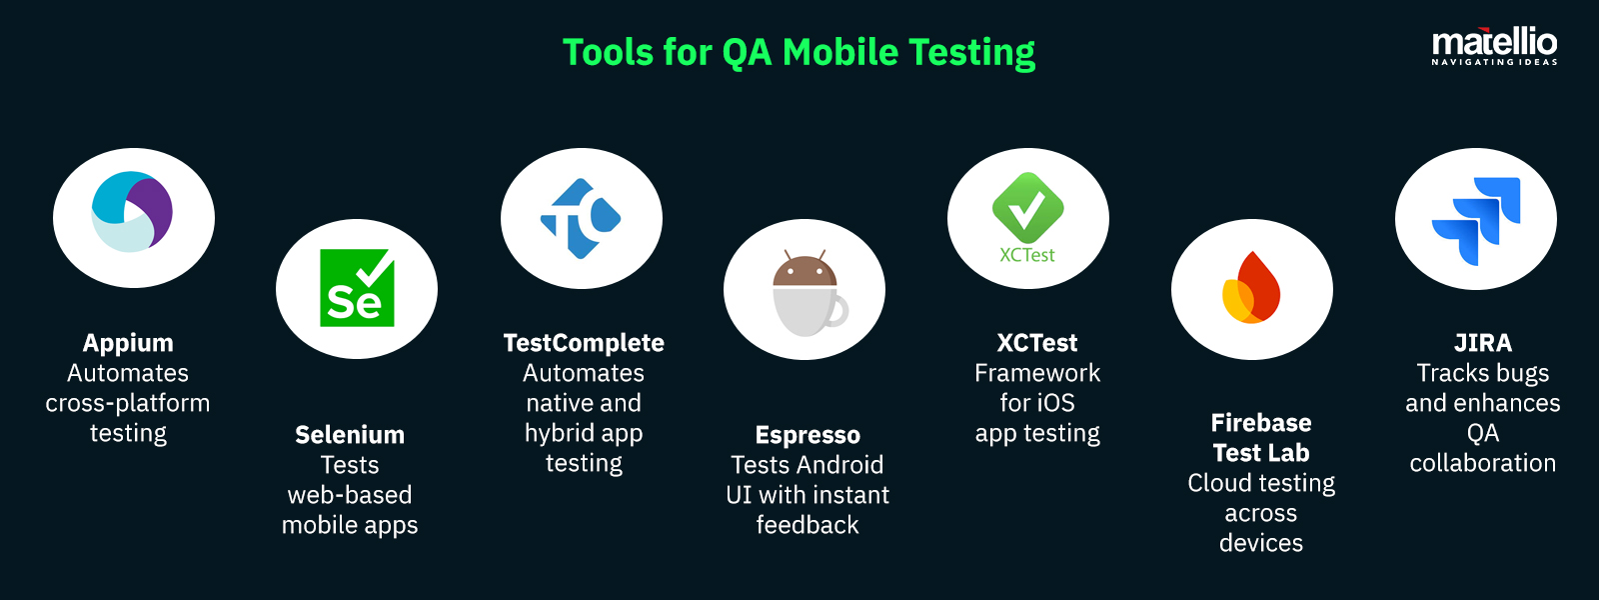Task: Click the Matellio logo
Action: click(x=1494, y=48)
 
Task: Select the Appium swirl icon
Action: click(x=132, y=211)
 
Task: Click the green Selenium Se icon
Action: click(x=357, y=288)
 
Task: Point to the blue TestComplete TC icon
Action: click(x=581, y=219)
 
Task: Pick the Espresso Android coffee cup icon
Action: click(x=809, y=293)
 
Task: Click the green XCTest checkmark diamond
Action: click(x=1028, y=208)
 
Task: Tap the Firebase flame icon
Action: click(x=1250, y=287)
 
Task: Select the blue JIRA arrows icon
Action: click(x=1476, y=221)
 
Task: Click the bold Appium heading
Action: click(x=128, y=344)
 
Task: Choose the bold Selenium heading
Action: click(x=350, y=435)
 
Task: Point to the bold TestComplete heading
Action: click(x=584, y=344)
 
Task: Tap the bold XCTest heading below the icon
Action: click(x=1037, y=344)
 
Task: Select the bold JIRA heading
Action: click(x=1483, y=344)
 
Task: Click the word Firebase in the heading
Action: click(x=1261, y=423)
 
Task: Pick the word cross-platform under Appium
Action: click(x=128, y=404)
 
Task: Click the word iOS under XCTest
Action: click(x=1057, y=403)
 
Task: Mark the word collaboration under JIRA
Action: click(x=1483, y=464)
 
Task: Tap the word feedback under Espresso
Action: click(x=807, y=525)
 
